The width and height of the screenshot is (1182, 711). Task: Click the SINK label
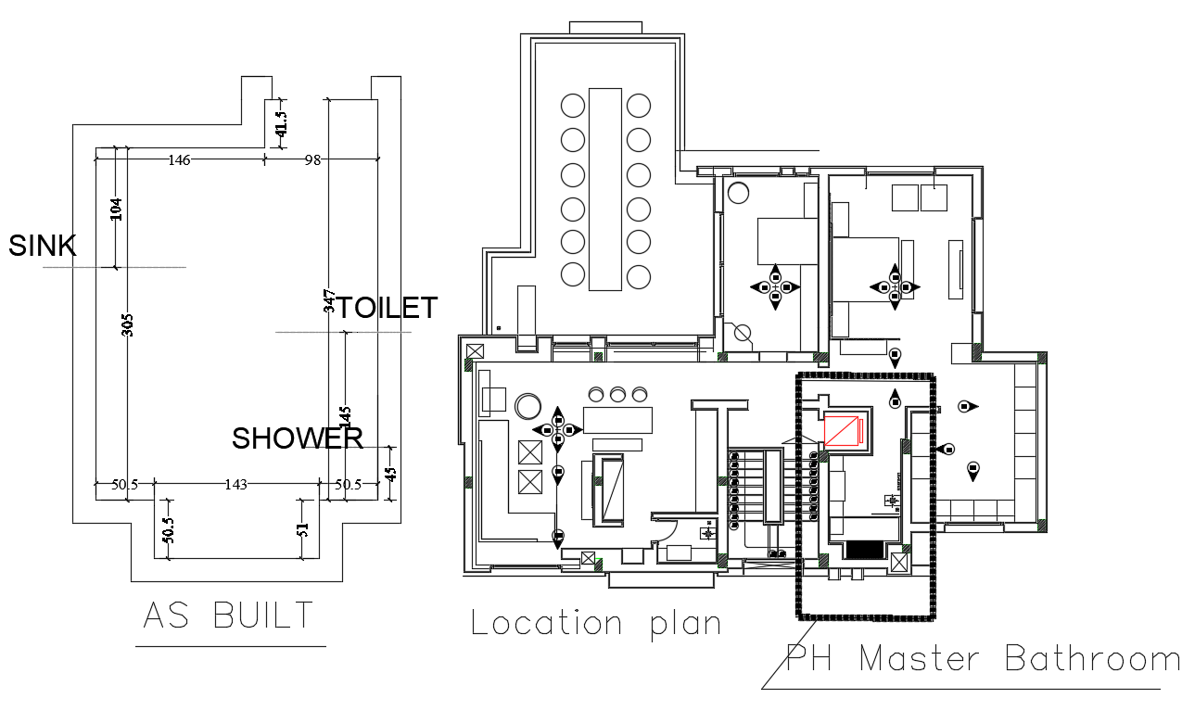(x=42, y=246)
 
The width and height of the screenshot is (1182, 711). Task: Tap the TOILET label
(x=386, y=308)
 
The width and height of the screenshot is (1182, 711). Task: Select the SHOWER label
(x=297, y=438)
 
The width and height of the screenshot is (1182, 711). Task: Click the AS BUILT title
(x=229, y=616)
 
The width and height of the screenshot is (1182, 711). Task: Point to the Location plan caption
(x=596, y=622)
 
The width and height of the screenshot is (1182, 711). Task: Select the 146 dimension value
(x=179, y=160)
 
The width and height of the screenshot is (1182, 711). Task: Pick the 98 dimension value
(x=312, y=160)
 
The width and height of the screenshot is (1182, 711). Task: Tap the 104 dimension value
(x=116, y=209)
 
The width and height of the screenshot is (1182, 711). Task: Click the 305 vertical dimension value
(x=128, y=324)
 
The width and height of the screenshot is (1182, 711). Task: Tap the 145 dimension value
(x=345, y=419)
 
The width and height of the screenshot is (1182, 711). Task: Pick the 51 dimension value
(x=302, y=531)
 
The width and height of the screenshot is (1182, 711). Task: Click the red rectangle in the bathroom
(x=843, y=431)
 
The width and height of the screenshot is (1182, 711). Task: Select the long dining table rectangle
(x=605, y=188)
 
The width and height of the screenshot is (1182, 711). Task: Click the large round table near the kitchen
(x=528, y=407)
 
